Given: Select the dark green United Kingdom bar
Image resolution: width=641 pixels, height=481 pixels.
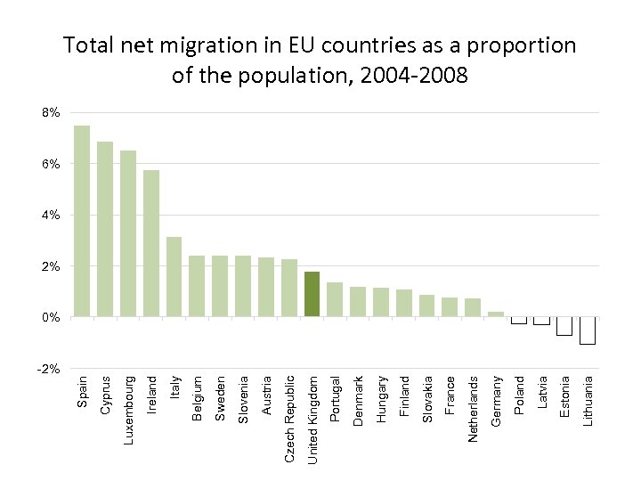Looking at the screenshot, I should pyautogui.click(x=312, y=294).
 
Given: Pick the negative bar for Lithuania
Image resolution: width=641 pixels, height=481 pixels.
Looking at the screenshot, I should pyautogui.click(x=587, y=330).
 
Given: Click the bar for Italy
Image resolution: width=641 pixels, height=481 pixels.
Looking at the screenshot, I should pyautogui.click(x=174, y=276).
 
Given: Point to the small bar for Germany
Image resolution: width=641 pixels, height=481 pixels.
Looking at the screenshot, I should pyautogui.click(x=496, y=314).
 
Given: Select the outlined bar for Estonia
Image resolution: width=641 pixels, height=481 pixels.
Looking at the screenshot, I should pyautogui.click(x=564, y=326).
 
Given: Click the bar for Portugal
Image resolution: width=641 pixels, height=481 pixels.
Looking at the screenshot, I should pyautogui.click(x=335, y=299).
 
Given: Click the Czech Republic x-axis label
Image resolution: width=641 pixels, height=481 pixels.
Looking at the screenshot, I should pyautogui.click(x=289, y=418).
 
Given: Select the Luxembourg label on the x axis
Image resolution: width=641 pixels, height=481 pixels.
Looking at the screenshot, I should pyautogui.click(x=128, y=410).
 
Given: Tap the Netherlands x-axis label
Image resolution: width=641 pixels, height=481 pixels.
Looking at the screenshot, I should pyautogui.click(x=474, y=408).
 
